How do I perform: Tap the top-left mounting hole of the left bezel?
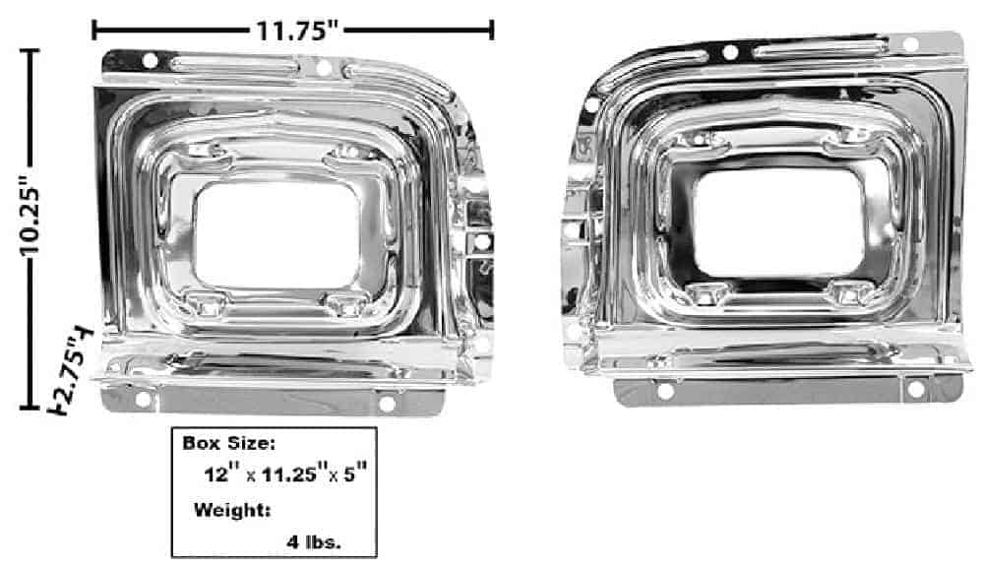pos(150,61)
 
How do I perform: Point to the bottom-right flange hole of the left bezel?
pos(387,403)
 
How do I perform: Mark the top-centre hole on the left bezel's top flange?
pos(323,67)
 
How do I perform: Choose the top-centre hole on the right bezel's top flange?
pos(730,52)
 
